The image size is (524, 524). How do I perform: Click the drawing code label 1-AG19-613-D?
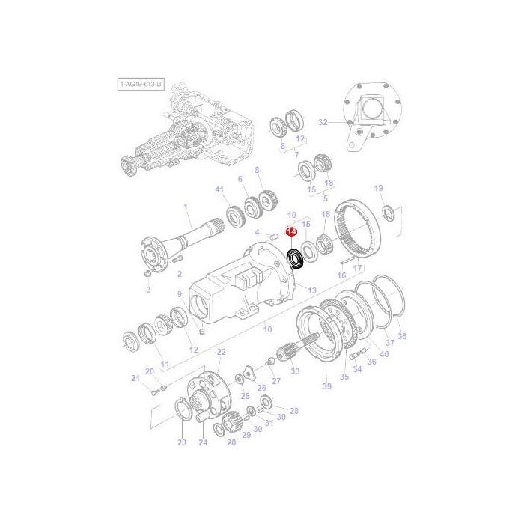pos(140,85)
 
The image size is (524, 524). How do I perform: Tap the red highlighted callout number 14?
pos(291,234)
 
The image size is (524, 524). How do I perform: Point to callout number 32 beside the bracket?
pos(323,121)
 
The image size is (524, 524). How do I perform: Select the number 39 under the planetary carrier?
pos(326,386)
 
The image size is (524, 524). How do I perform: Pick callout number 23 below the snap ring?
pos(182,443)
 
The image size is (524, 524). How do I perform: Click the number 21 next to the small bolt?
pos(135,379)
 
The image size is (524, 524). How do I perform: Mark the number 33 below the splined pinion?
pos(295,371)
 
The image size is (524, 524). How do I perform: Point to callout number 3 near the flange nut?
pos(147,289)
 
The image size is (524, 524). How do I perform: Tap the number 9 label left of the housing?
pos(180,294)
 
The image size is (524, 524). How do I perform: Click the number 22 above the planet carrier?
pos(221,351)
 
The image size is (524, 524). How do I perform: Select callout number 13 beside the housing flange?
pos(312,290)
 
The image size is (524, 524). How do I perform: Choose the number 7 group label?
pos(286,154)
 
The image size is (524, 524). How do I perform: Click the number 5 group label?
pos(325,198)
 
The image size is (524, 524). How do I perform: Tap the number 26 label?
pos(262,387)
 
